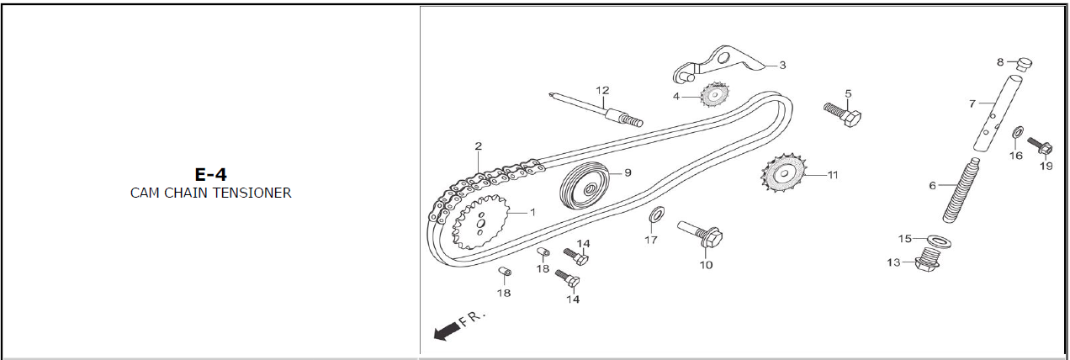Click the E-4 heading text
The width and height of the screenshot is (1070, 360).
[x=210, y=174]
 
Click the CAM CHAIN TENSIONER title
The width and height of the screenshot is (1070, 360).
[x=210, y=193]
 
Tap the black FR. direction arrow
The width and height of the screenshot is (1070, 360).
[x=447, y=332]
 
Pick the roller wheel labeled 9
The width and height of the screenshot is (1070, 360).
[x=587, y=188]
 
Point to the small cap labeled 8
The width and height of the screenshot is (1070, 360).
[x=1025, y=62]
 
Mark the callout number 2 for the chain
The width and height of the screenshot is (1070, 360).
[x=478, y=146]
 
